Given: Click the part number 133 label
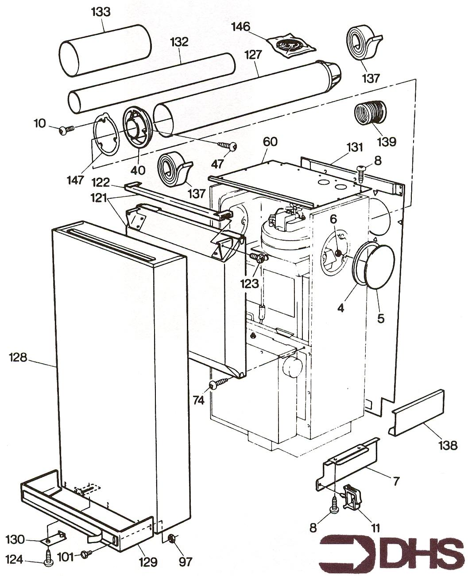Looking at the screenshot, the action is [101, 12].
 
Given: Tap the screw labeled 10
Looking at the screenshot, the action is [66, 130].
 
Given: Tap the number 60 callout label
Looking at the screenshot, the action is [270, 142].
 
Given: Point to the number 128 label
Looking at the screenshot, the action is [18, 358].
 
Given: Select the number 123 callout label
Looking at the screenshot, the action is [250, 284].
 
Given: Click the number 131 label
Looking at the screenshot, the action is [355, 148].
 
